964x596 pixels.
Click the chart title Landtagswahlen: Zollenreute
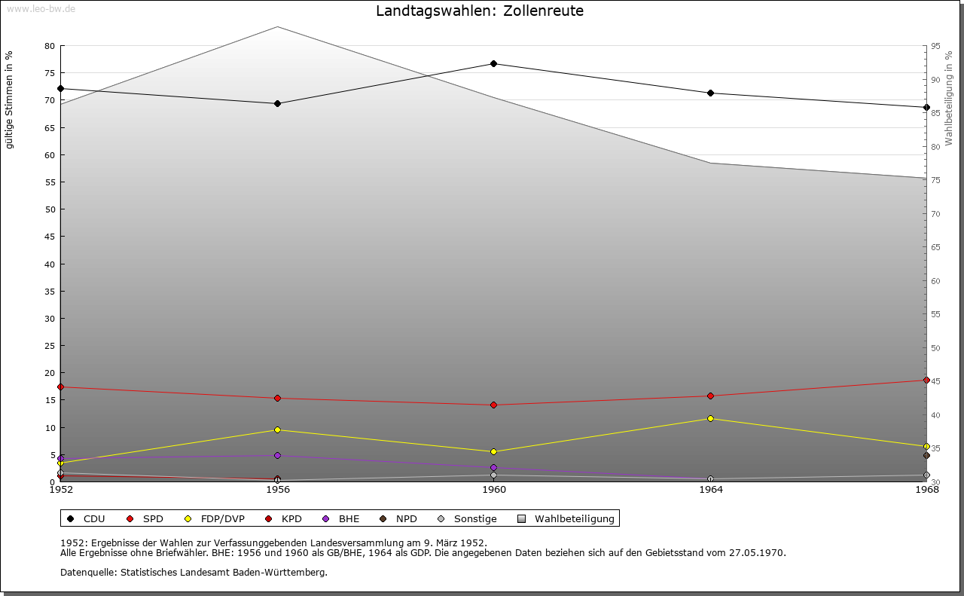coord(480,11)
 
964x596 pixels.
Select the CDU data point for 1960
coord(494,63)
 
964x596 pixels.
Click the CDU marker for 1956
coord(278,103)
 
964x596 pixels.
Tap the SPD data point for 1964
coord(710,396)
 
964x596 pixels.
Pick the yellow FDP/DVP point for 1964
coord(710,418)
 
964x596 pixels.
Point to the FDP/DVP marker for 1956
coord(278,429)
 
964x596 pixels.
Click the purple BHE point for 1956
coord(278,455)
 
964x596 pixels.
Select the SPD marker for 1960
coord(494,405)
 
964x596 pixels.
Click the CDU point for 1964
coord(710,93)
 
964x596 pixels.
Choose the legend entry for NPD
coord(399,518)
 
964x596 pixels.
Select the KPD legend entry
coord(284,518)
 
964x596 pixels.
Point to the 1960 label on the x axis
coord(494,490)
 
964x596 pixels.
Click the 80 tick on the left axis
coord(50,46)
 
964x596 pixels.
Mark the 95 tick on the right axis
coord(935,46)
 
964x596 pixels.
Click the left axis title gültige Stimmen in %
coord(10,99)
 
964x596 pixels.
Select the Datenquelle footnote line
coord(194,572)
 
